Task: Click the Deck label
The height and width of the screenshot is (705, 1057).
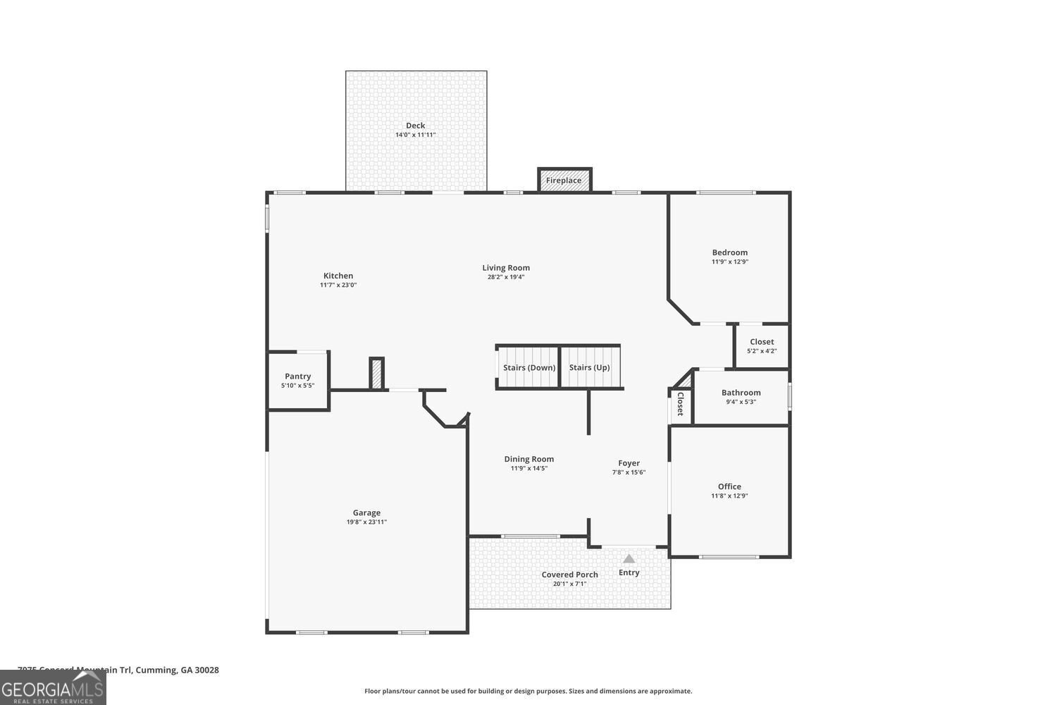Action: tap(415, 125)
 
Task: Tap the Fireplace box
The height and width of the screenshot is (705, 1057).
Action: tap(564, 180)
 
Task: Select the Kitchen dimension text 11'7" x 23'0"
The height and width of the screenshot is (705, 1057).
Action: tap(338, 285)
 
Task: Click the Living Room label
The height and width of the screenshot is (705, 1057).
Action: tap(506, 267)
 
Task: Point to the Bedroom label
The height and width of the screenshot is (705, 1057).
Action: tap(729, 252)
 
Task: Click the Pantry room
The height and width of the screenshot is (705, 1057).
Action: tap(297, 381)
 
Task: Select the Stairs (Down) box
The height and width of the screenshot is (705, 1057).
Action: tap(528, 367)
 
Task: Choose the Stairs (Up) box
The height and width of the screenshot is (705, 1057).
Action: tap(590, 367)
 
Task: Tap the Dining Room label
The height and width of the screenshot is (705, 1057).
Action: tap(528, 459)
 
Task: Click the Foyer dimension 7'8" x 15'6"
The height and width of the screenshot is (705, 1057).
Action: tap(629, 472)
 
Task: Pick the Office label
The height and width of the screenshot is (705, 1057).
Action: tap(729, 486)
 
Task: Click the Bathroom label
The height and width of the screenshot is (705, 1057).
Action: tap(741, 393)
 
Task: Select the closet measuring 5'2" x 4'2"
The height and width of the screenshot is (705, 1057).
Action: tap(762, 346)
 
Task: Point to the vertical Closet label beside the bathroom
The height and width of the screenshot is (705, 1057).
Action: tap(680, 405)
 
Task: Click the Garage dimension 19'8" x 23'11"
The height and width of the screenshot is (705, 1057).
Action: tap(366, 522)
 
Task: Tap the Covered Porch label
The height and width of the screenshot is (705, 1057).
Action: tap(569, 575)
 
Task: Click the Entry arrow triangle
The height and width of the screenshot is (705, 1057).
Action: tap(629, 558)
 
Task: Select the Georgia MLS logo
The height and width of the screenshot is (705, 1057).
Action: tap(53, 687)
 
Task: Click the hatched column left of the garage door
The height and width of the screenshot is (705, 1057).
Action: tap(377, 373)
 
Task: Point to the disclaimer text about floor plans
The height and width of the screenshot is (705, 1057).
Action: tap(528, 691)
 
